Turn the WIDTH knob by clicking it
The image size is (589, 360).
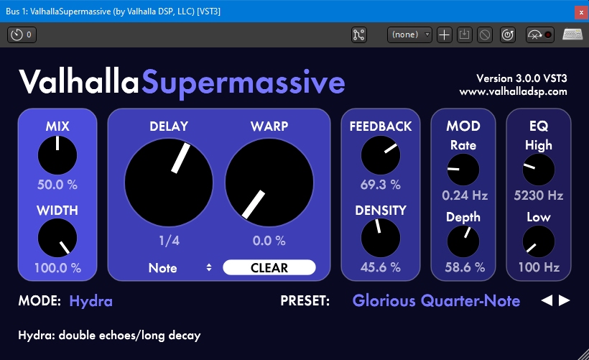(x=57, y=239)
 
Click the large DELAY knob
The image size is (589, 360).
(x=169, y=182)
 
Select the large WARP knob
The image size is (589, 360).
(x=269, y=182)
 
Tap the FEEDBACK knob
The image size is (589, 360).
(x=380, y=154)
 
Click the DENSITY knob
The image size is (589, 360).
(x=380, y=239)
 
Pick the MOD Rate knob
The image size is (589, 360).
(x=463, y=170)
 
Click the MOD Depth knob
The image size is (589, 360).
(x=463, y=241)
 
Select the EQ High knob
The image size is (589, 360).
(x=539, y=170)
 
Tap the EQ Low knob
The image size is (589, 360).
(x=539, y=241)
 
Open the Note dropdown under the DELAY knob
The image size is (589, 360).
(x=180, y=268)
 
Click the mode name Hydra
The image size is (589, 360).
(x=91, y=300)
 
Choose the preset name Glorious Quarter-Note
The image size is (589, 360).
(x=436, y=300)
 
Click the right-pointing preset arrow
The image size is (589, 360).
(x=565, y=300)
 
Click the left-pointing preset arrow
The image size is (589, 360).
(x=547, y=300)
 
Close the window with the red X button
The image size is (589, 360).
(x=580, y=12)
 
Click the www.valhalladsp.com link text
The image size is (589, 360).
(x=514, y=91)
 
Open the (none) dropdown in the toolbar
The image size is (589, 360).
(x=410, y=34)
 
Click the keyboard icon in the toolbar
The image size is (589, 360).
(x=572, y=34)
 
